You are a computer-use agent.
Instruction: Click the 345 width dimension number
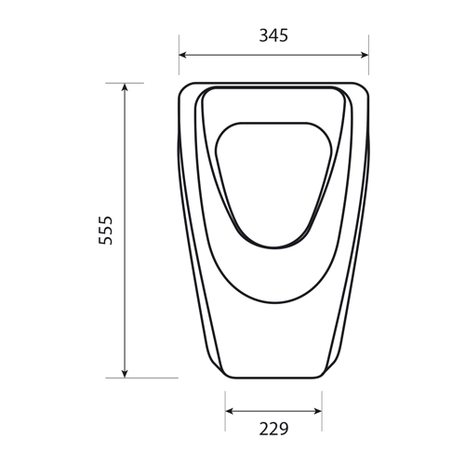point(273,35)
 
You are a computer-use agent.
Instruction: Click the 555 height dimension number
point(105,231)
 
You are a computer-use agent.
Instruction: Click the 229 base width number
point(273,429)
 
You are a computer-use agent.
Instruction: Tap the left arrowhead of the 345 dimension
point(182,55)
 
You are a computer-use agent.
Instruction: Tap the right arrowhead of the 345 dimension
point(365,55)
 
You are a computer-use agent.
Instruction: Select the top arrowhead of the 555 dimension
point(125,87)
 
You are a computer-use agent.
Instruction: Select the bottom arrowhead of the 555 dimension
point(125,374)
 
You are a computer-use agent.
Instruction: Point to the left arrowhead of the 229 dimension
point(229,411)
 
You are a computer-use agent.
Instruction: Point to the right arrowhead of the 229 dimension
point(318,411)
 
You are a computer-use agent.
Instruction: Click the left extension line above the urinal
point(179,55)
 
